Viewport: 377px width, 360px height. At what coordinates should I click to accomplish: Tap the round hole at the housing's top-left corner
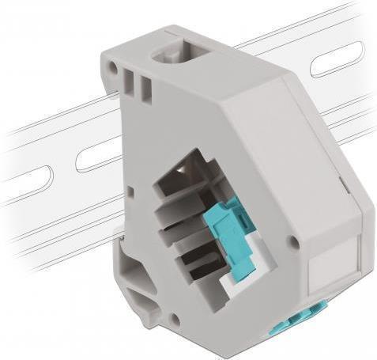point(113,69)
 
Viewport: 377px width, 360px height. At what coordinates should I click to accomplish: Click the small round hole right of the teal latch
point(293,241)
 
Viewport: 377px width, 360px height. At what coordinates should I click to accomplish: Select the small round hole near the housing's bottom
point(175,320)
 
